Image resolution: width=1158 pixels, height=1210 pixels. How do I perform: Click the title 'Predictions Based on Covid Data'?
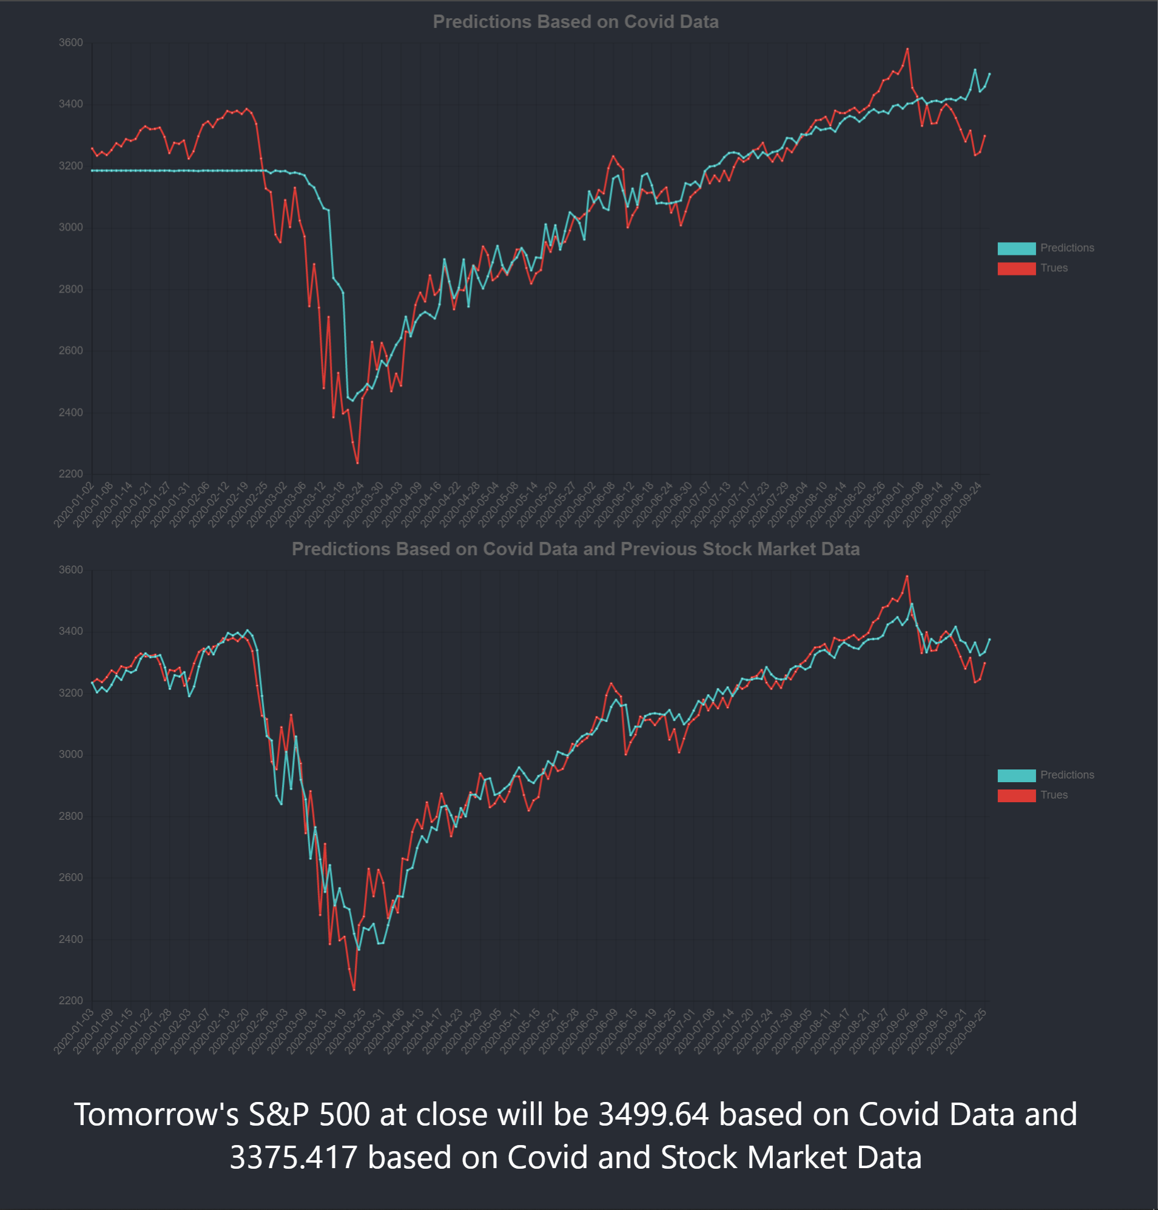pyautogui.click(x=575, y=22)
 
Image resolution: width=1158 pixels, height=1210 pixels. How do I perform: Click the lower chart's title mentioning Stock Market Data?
pyautogui.click(x=575, y=549)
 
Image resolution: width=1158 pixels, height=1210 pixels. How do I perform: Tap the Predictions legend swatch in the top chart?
pyautogui.click(x=1016, y=248)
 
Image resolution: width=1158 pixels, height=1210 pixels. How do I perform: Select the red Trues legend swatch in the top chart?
pyautogui.click(x=1016, y=269)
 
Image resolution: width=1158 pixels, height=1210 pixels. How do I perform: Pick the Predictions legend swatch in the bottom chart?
pyautogui.click(x=1016, y=776)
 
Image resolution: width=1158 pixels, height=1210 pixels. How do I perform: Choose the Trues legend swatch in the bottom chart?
pyautogui.click(x=1016, y=795)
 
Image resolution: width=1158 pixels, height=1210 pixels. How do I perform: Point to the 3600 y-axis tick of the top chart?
pyautogui.click(x=70, y=42)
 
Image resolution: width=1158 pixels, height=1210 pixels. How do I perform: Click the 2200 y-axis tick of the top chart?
pyautogui.click(x=70, y=473)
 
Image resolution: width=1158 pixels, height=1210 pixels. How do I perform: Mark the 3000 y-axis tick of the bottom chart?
pyautogui.click(x=70, y=754)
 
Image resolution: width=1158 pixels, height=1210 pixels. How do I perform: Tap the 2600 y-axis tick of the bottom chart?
pyautogui.click(x=70, y=877)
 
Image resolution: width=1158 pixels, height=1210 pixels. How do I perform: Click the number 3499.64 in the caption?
pyautogui.click(x=654, y=1114)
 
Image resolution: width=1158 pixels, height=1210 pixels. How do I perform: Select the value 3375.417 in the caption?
pyautogui.click(x=293, y=1158)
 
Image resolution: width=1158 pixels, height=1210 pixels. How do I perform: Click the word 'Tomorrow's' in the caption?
pyautogui.click(x=156, y=1114)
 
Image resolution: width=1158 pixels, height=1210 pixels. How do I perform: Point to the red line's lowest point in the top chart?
pyautogui.click(x=357, y=463)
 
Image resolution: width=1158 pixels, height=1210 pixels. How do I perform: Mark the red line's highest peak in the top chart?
pyautogui.click(x=907, y=49)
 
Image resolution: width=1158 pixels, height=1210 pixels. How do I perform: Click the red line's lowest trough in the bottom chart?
pyautogui.click(x=354, y=990)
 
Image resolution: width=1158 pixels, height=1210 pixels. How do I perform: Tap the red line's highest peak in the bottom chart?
pyautogui.click(x=907, y=576)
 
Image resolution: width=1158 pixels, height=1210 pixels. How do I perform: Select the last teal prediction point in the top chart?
pyautogui.click(x=989, y=74)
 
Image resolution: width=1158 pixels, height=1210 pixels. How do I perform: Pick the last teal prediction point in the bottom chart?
pyautogui.click(x=989, y=640)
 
